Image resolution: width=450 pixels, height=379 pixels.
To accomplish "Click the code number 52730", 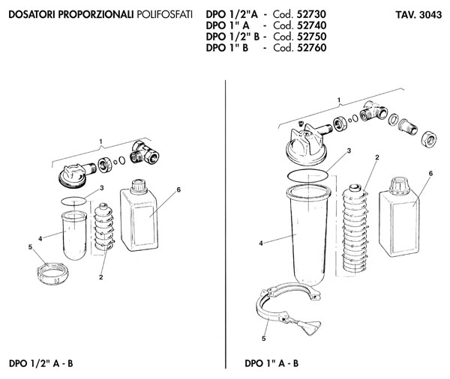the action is pyautogui.click(x=311, y=14).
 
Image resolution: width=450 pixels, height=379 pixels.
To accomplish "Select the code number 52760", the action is pyautogui.click(x=311, y=48).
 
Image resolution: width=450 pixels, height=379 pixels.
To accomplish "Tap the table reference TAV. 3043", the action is pyautogui.click(x=418, y=15).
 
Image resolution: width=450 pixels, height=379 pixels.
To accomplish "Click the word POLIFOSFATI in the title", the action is pyautogui.click(x=164, y=14).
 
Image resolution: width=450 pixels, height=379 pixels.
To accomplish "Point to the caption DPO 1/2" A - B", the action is pyautogui.click(x=41, y=363).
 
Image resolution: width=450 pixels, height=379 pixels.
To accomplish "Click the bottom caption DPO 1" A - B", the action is pyautogui.click(x=271, y=363).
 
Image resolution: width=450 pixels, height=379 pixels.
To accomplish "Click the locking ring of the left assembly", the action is pyautogui.click(x=52, y=274).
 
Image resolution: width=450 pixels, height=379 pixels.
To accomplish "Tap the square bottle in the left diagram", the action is pyautogui.click(x=139, y=216).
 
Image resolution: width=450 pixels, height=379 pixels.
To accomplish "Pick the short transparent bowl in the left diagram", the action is pyautogui.click(x=74, y=235).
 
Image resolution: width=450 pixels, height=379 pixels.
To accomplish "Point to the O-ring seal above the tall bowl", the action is pyautogui.click(x=308, y=175).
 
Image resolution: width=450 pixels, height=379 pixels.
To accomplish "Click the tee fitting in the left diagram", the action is pyautogui.click(x=145, y=153).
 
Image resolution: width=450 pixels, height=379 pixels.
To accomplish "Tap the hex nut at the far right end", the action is pyautogui.click(x=429, y=139).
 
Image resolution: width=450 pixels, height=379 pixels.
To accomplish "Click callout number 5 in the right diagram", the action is pyautogui.click(x=263, y=339).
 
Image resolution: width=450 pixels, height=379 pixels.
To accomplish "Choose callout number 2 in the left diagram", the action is pyautogui.click(x=100, y=277).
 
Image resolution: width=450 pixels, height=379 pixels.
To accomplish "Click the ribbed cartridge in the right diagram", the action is pyautogui.click(x=355, y=228).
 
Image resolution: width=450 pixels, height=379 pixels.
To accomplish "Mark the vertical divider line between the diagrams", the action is pyautogui.click(x=226, y=224).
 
